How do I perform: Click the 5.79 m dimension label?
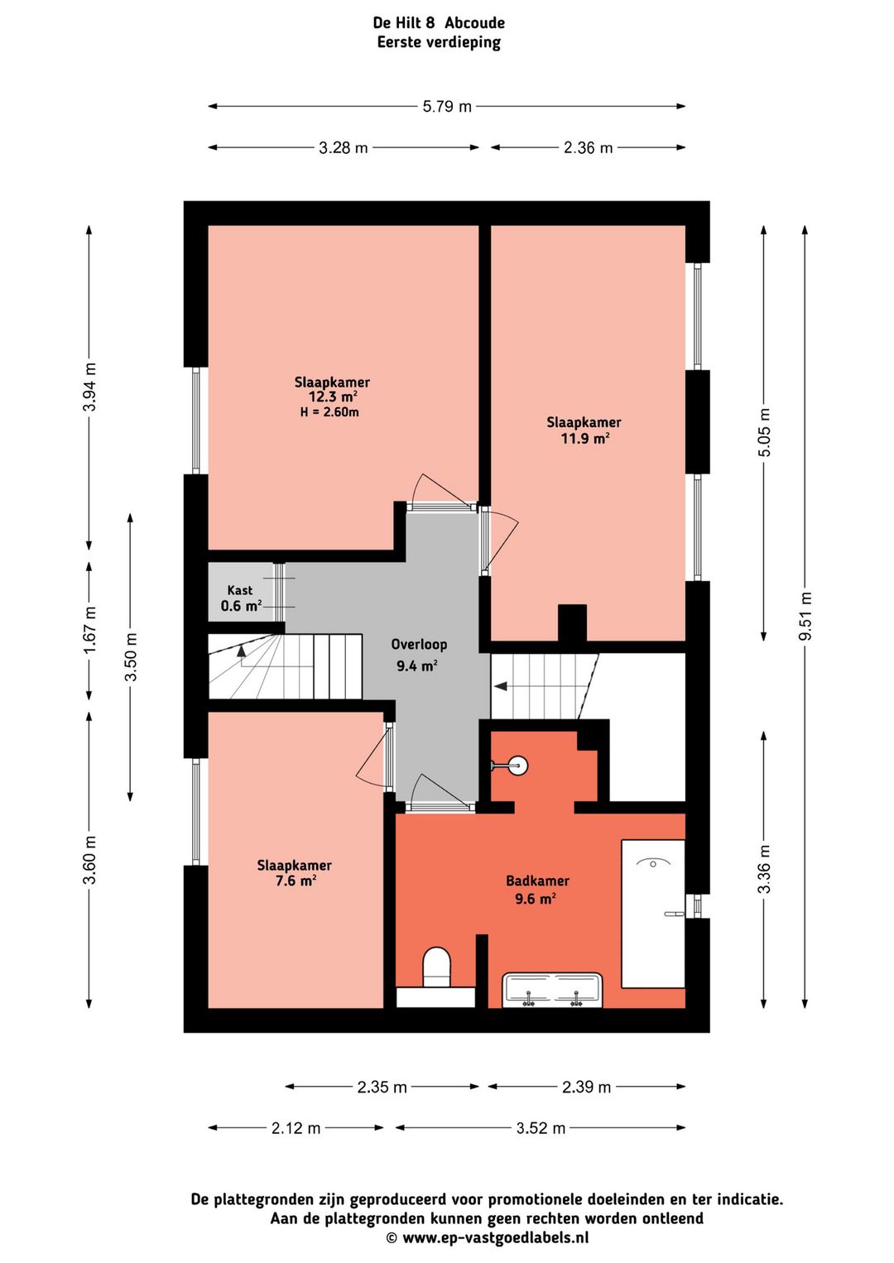point(447,106)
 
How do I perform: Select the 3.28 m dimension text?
point(343,147)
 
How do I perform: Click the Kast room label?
point(240,590)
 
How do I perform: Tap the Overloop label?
point(419,645)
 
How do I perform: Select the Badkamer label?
point(537,881)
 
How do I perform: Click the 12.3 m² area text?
point(333,396)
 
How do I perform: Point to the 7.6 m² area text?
point(295,880)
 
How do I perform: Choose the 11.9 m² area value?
point(584,438)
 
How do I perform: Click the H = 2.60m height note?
point(329,412)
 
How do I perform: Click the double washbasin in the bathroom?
point(552,990)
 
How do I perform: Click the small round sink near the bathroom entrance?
point(518,765)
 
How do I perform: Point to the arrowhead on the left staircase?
point(242,651)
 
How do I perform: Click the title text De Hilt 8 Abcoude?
point(439,23)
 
